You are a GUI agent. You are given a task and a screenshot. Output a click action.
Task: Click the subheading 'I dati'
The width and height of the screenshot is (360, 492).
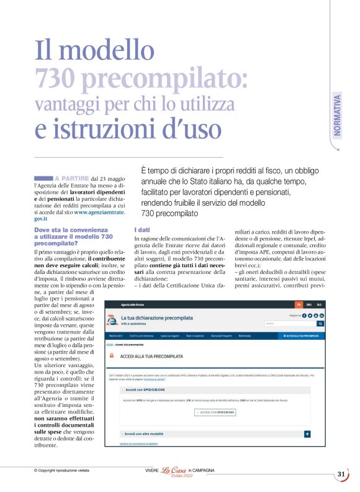click(x=142, y=230)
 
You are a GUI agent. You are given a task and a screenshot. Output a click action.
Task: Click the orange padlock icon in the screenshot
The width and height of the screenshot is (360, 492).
click(x=111, y=355)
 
